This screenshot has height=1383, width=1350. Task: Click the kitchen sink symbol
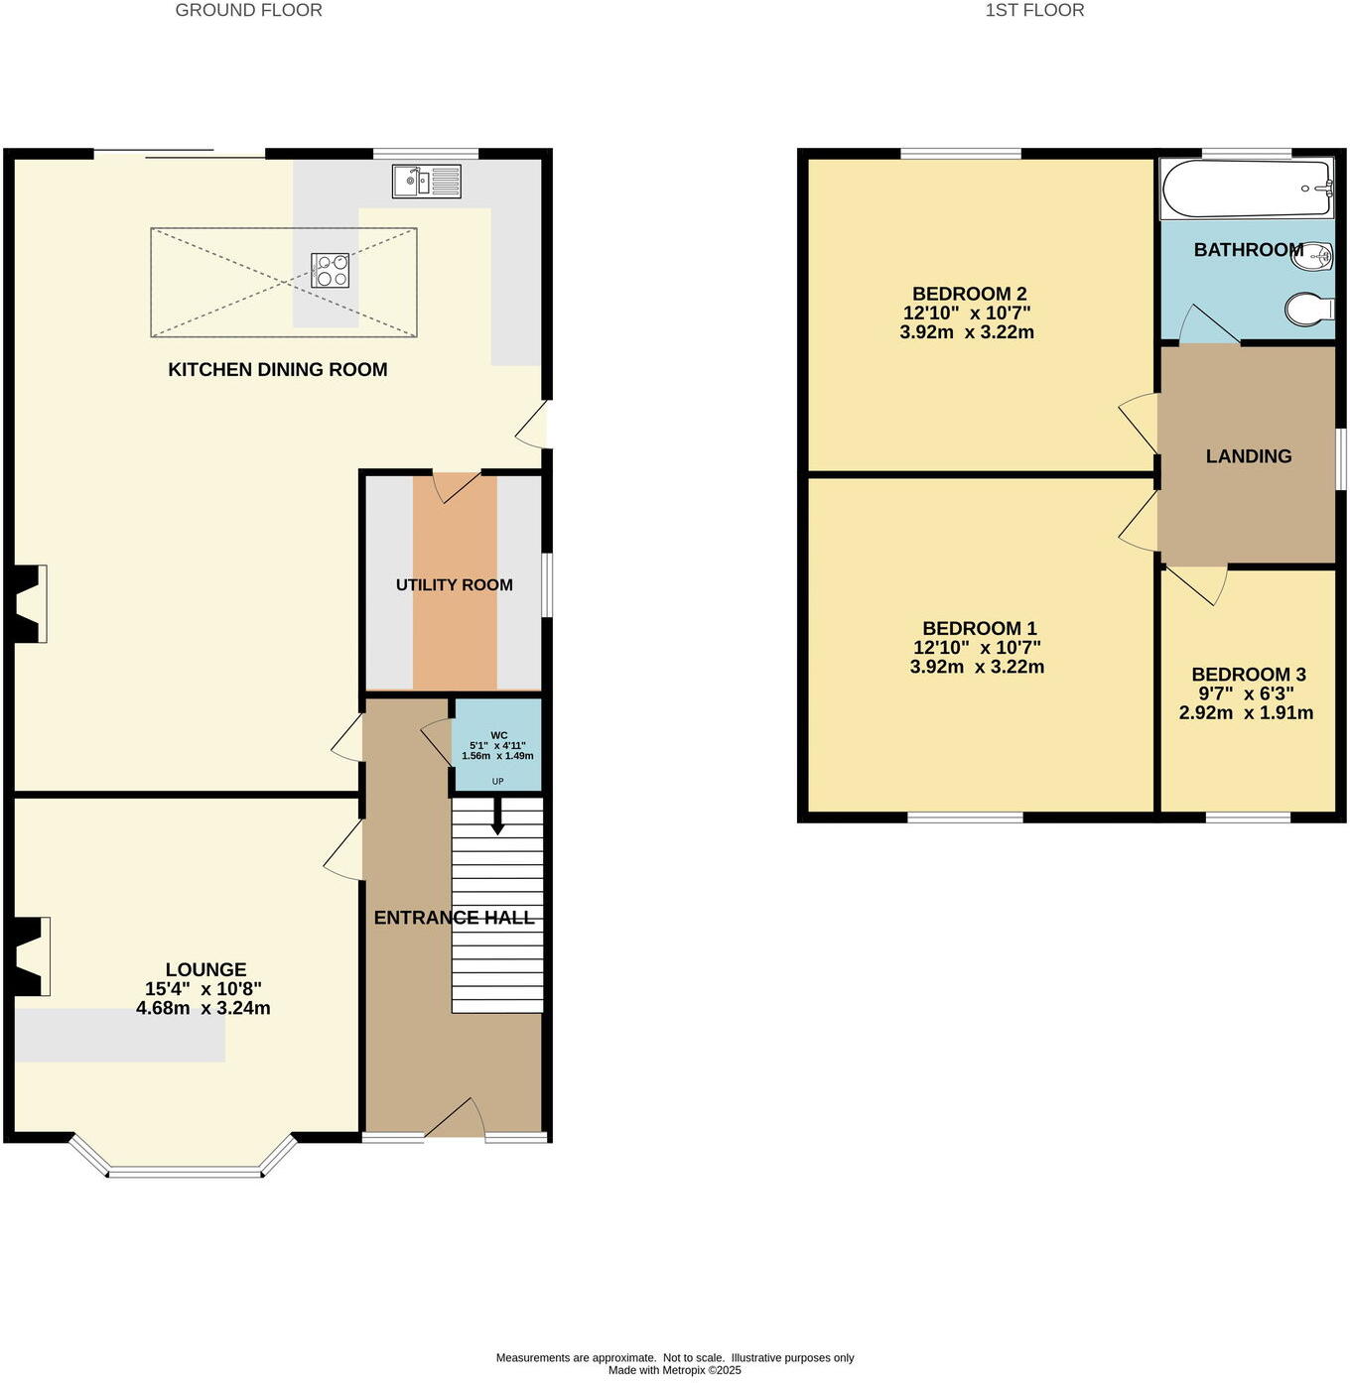[x=426, y=182]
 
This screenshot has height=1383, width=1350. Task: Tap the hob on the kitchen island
[x=330, y=271]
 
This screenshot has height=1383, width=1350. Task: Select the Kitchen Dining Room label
[x=278, y=370]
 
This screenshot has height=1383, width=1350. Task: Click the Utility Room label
[x=455, y=585]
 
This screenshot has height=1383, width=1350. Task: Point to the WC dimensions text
[x=497, y=751]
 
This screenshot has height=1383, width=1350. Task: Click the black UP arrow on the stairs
[x=497, y=817]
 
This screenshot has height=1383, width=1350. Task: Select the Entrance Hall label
[x=454, y=919]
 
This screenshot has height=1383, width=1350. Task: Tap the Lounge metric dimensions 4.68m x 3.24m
[x=203, y=1009]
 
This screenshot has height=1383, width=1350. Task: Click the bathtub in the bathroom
[x=1247, y=189]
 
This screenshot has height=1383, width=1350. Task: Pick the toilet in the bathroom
[x=1309, y=310]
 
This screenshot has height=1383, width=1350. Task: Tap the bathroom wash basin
[x=1316, y=256]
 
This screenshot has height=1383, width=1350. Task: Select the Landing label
[x=1249, y=456]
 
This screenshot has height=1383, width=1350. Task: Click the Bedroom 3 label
[x=1249, y=675]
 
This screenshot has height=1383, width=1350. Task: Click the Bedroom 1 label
[x=979, y=629]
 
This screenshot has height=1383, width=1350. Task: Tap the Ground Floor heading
[x=248, y=11]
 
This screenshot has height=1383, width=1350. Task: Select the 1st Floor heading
[x=1034, y=11]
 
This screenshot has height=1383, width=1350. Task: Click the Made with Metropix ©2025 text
[x=675, y=1370]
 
